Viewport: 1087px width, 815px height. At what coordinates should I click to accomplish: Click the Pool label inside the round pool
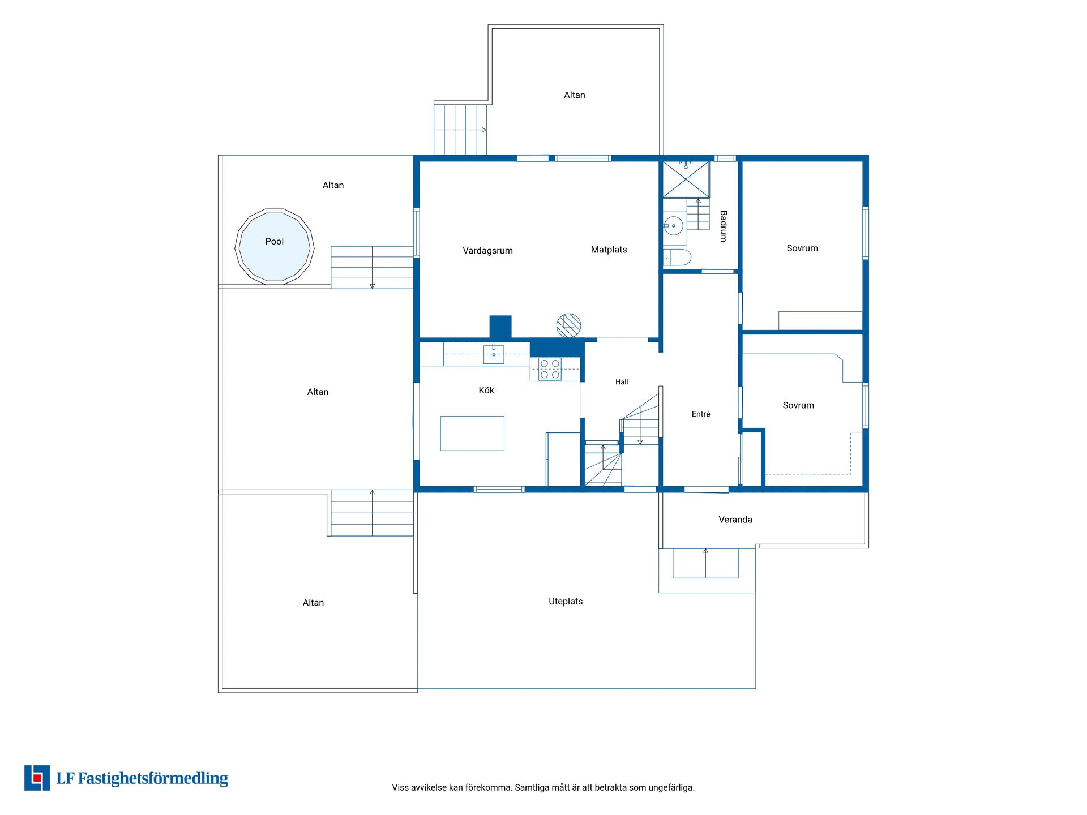(274, 242)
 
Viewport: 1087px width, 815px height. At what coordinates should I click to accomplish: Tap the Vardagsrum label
(487, 251)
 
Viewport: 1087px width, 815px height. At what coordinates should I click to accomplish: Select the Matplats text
(609, 250)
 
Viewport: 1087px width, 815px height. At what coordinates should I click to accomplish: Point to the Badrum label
(724, 226)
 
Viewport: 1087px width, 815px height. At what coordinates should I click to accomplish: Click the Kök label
(486, 390)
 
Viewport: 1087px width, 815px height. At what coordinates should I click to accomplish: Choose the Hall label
(622, 382)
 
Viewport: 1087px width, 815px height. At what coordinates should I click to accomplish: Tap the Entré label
(701, 414)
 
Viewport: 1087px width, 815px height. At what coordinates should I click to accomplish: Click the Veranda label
(735, 520)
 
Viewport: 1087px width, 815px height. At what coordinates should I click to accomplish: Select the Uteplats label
(566, 602)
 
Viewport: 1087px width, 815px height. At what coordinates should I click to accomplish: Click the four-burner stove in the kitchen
(550, 369)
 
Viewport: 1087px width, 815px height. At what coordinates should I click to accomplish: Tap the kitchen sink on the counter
(494, 354)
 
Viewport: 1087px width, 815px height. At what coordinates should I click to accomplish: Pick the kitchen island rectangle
(472, 434)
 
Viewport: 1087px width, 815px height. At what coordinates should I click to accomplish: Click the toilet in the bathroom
(677, 258)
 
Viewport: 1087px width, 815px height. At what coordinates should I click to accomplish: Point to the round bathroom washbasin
(673, 226)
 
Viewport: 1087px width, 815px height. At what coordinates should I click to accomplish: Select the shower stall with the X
(686, 179)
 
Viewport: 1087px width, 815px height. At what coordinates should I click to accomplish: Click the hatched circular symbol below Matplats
(568, 325)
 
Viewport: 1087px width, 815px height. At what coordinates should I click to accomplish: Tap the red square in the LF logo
(38, 778)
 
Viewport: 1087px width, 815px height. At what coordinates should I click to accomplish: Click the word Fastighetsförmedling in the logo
(153, 779)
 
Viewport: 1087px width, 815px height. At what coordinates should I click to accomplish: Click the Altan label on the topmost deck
(574, 95)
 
